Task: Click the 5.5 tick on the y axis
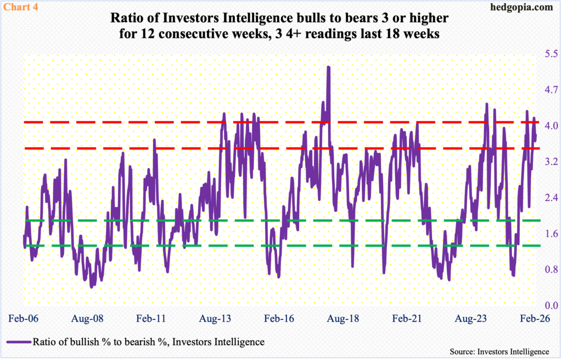click(550, 54)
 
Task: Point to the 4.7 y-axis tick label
click(550, 90)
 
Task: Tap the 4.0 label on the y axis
click(550, 126)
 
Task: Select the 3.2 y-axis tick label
click(550, 162)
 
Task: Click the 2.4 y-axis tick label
click(550, 198)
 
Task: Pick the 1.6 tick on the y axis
click(550, 234)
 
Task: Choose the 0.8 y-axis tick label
click(550, 269)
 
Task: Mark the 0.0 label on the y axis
click(550, 306)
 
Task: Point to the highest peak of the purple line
click(328, 67)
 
